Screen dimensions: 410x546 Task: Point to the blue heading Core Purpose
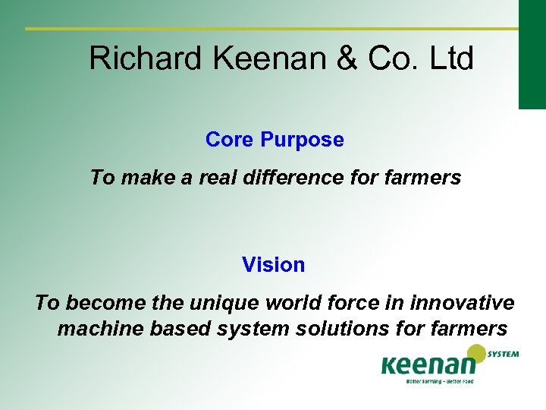(274, 140)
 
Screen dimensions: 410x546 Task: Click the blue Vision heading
(273, 265)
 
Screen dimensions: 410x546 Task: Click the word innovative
(466, 303)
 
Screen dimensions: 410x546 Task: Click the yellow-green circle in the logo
(475, 354)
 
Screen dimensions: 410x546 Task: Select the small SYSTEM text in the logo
(504, 355)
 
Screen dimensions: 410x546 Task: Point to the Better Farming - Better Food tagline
(439, 381)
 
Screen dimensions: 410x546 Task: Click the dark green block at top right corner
(532, 53)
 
